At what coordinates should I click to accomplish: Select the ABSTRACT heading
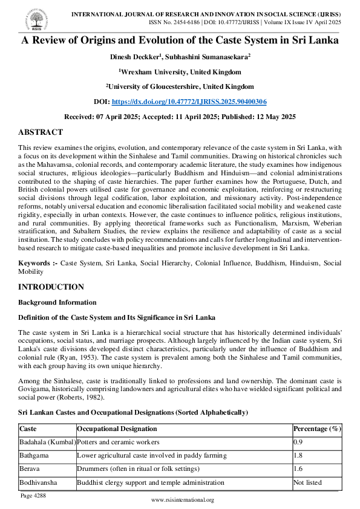[x=40, y=132]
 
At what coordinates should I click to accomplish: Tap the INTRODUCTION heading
[x=51, y=287]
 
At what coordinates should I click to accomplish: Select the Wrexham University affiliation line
[x=180, y=71]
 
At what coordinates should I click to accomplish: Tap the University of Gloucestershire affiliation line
[x=180, y=86]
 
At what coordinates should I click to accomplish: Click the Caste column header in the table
[x=28, y=429]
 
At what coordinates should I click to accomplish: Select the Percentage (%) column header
[x=317, y=429]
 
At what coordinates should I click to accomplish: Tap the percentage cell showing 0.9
[x=298, y=442]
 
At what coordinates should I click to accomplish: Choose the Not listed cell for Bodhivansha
[x=307, y=482]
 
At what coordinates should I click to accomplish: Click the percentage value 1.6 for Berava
[x=298, y=468]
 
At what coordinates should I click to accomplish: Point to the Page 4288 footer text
[x=35, y=495]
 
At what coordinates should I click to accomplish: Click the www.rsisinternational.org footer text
[x=182, y=501]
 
